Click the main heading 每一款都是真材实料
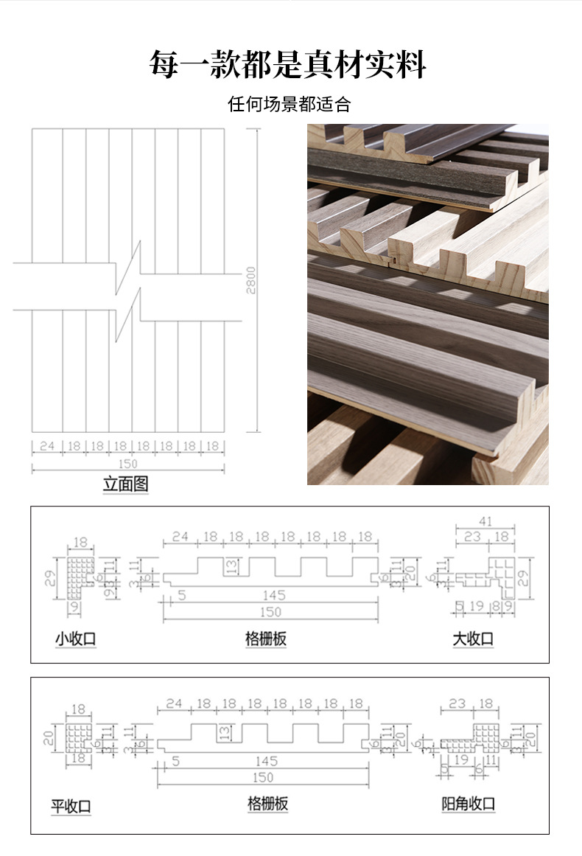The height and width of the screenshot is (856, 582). click(x=288, y=65)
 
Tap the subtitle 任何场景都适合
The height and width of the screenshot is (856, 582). click(x=289, y=104)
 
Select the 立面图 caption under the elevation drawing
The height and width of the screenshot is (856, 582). click(x=126, y=484)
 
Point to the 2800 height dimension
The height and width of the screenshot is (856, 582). click(x=251, y=280)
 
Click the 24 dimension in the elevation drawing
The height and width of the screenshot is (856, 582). click(x=47, y=446)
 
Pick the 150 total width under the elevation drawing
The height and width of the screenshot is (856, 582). click(x=127, y=464)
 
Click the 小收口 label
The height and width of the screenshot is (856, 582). click(x=75, y=639)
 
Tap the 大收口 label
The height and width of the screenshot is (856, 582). click(x=473, y=639)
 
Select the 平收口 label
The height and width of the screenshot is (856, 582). click(x=71, y=806)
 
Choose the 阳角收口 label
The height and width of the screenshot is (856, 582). click(x=469, y=804)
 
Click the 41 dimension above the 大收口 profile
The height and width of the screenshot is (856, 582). click(x=485, y=521)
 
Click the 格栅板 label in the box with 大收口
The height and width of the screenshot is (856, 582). click(x=265, y=639)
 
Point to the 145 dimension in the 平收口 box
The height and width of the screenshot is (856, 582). click(x=266, y=761)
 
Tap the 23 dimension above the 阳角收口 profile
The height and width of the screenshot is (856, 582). click(x=457, y=703)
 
